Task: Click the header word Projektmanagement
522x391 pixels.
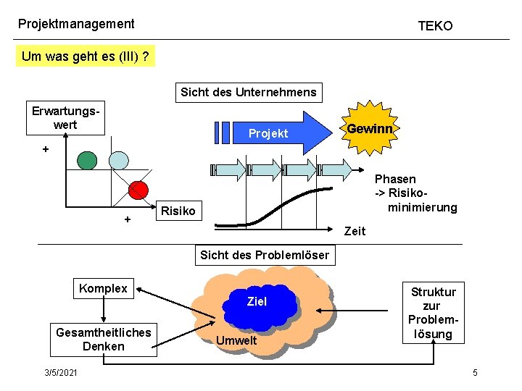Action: [x=76, y=24]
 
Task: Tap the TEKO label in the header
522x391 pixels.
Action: [x=435, y=26]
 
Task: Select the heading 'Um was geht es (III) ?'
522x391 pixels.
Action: [x=86, y=56]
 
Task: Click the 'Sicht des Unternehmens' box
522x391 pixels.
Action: [x=249, y=92]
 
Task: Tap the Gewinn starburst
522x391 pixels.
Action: [x=370, y=129]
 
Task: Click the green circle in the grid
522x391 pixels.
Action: [x=87, y=160]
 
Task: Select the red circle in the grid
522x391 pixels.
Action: [x=137, y=189]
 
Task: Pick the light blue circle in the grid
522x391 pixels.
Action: [x=119, y=160]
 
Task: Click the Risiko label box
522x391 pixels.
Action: [x=178, y=211]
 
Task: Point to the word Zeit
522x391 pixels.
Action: [x=355, y=232]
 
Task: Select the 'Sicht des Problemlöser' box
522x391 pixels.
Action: [x=265, y=255]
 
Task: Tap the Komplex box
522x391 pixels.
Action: [x=103, y=289]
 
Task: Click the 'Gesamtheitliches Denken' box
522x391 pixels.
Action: [x=104, y=339]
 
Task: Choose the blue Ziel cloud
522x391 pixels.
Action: [x=257, y=303]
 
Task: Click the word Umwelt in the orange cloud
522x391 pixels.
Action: [x=235, y=340]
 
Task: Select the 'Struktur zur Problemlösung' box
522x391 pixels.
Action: [x=433, y=313]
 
